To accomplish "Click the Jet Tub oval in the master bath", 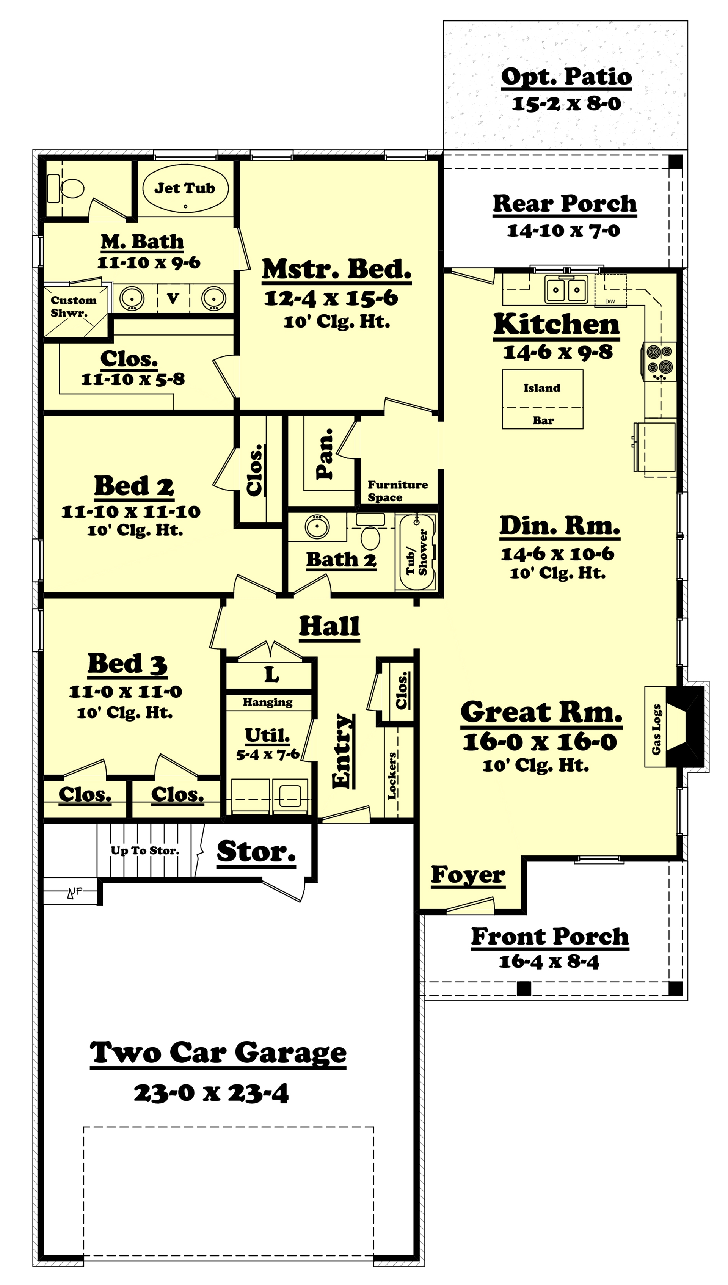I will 185,189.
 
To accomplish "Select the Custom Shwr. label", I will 73,306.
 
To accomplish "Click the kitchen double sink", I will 566,289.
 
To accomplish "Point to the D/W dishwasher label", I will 610,301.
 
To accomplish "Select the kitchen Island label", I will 542,388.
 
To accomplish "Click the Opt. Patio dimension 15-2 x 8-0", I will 566,104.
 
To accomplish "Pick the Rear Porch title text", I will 565,204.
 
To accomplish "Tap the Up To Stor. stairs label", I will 145,850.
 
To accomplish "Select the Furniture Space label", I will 397,491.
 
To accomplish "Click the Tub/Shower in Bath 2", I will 416,552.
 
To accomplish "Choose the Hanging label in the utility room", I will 267,702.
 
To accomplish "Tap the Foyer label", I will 468,874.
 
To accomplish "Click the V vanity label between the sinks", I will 173,298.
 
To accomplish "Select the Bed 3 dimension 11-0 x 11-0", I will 126,692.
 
